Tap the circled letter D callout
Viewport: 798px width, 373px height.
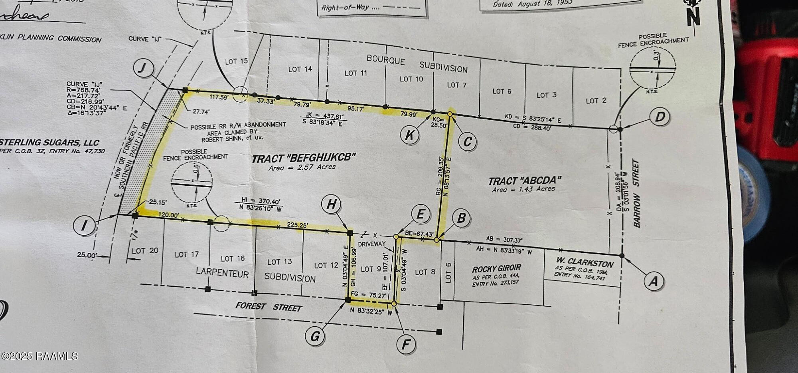(660, 117)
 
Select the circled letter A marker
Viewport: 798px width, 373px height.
(653, 281)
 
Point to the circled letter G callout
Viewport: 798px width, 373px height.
(315, 336)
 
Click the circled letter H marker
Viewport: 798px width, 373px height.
(331, 204)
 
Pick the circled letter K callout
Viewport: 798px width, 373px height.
(410, 135)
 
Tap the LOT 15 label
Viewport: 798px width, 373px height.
(236, 62)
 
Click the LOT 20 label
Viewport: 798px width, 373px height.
(145, 251)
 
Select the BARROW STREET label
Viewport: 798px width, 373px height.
(636, 194)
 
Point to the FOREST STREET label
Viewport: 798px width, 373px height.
(268, 307)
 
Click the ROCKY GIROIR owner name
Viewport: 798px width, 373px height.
(496, 268)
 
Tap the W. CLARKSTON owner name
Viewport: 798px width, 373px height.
(585, 263)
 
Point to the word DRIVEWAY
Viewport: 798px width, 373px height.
(372, 244)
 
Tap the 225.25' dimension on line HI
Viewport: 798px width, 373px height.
(297, 225)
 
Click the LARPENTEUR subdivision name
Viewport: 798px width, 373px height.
(222, 273)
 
